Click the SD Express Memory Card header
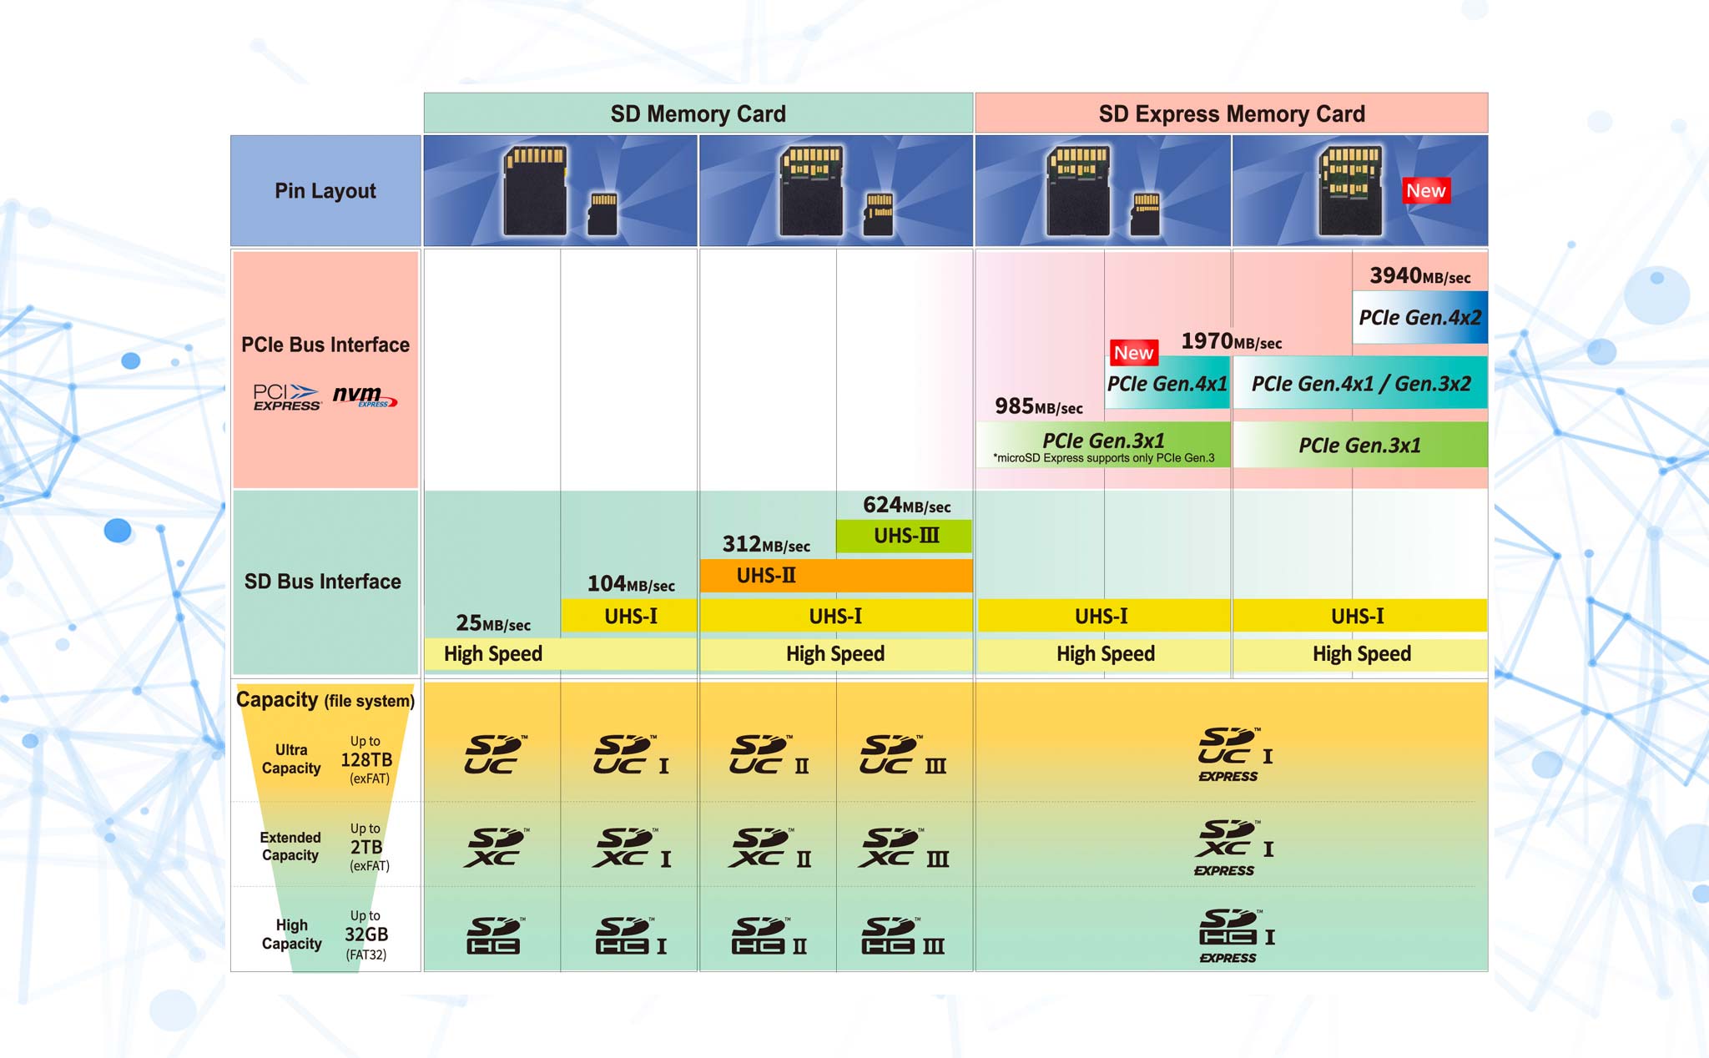tap(1232, 113)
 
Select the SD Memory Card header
tap(698, 113)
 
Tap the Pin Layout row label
tap(325, 191)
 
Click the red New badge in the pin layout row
tap(1426, 191)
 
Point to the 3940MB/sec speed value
tap(1420, 276)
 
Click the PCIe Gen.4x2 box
tap(1419, 317)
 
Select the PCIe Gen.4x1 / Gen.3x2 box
tap(1360, 383)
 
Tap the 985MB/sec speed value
tap(1039, 406)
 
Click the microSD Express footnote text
tap(1103, 458)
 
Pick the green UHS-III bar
tap(905, 536)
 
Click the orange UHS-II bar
tap(836, 576)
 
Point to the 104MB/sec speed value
tap(631, 584)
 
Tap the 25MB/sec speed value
tap(493, 623)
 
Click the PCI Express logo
tap(286, 397)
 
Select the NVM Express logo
tap(365, 395)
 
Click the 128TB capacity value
tap(366, 759)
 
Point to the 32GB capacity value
tap(366, 935)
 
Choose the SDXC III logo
tap(904, 848)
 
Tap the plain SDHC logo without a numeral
tap(494, 935)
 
